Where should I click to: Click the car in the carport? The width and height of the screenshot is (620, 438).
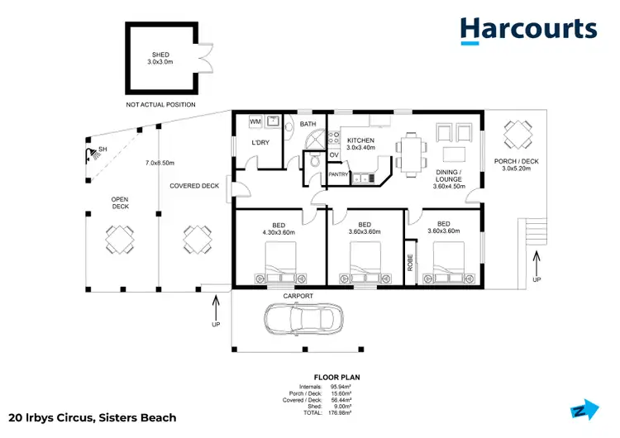(x=303, y=317)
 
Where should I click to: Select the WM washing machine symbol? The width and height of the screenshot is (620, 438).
(x=255, y=122)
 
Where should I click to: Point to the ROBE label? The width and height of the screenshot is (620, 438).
(x=410, y=262)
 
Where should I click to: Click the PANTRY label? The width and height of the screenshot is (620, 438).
(x=338, y=174)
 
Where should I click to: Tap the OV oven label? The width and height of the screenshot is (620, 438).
(x=334, y=155)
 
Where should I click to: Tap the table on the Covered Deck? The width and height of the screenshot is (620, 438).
(x=194, y=240)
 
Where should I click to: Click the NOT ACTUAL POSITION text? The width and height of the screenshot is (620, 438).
(x=161, y=105)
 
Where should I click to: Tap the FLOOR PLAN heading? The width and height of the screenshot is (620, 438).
(x=337, y=377)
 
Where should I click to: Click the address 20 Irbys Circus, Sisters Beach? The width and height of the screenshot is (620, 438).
(x=92, y=418)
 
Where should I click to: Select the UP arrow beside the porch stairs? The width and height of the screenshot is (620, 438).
(x=537, y=266)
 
